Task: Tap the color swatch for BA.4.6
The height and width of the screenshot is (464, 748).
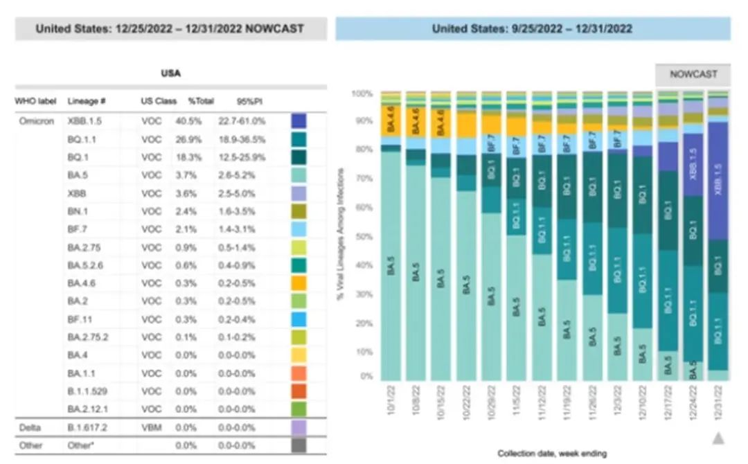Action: tap(299, 283)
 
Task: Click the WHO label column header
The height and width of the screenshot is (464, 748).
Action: tap(35, 101)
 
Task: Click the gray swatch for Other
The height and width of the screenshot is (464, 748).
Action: tap(299, 445)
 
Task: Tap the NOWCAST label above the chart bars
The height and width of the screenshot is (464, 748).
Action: tap(693, 73)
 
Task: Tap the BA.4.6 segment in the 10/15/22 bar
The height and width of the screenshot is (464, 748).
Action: tap(441, 123)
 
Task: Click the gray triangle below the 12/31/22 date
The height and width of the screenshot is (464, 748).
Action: tap(718, 437)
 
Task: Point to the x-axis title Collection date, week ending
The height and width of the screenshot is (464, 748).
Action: tap(552, 454)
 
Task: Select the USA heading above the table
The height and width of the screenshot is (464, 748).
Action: tap(170, 73)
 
